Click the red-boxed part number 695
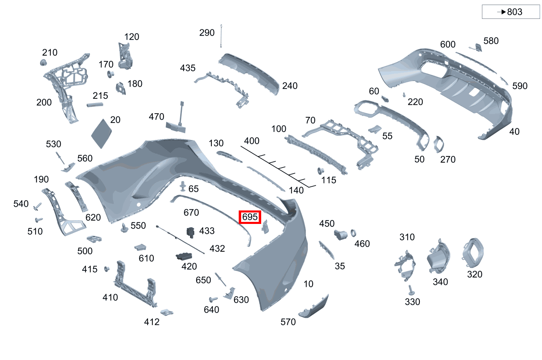[x=250, y=217]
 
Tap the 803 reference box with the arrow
[x=511, y=11]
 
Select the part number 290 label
[x=207, y=33]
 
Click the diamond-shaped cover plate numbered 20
[x=101, y=133]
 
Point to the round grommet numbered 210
[x=43, y=63]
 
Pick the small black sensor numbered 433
[x=190, y=233]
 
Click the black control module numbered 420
[x=184, y=256]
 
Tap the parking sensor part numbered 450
[x=340, y=235]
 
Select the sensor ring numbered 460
[x=353, y=233]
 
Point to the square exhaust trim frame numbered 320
[x=473, y=253]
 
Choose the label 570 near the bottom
[x=288, y=322]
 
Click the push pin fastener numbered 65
[x=183, y=186]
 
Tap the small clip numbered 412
[x=167, y=312]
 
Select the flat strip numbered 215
[x=95, y=105]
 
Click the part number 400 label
[x=252, y=141]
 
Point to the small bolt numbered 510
[x=39, y=220]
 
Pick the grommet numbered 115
[x=320, y=171]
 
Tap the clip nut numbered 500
[x=94, y=239]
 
